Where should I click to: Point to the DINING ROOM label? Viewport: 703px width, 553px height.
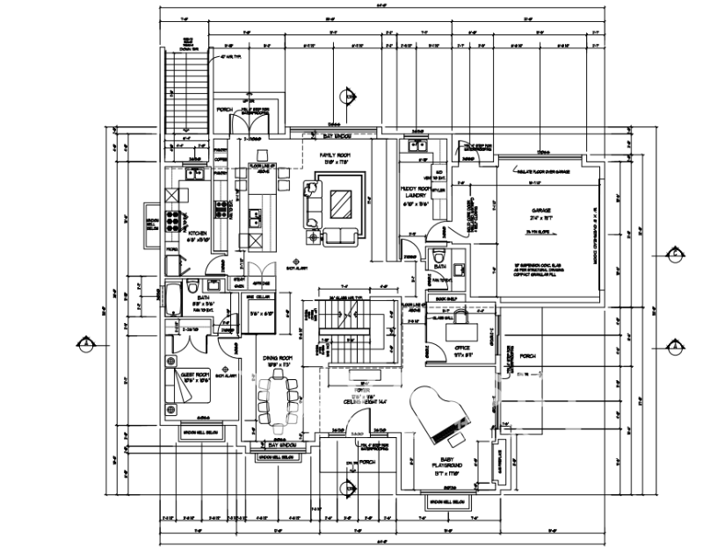277,358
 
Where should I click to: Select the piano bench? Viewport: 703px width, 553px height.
460,434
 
